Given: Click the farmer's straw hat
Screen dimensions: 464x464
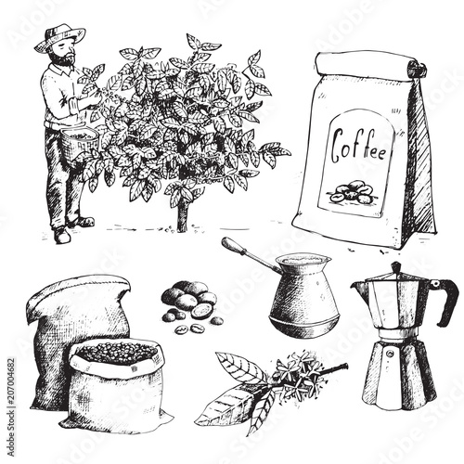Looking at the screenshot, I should pos(59,37).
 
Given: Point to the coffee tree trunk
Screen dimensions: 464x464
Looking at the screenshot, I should pos(183,216).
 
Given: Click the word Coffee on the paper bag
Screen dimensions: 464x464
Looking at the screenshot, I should pos(360,148).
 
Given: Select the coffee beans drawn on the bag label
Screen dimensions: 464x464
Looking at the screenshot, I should pos(353,193).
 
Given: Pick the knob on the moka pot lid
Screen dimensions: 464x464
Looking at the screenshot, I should pos(395,267).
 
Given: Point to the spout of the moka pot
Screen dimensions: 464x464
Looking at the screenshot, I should pos(360,289).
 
